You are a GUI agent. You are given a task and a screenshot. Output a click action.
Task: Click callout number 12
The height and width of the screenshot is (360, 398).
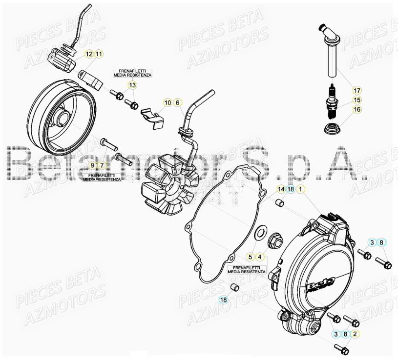click(x=89, y=54)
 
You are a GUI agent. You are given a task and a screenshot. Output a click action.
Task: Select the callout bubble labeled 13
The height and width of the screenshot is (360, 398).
click(x=133, y=85)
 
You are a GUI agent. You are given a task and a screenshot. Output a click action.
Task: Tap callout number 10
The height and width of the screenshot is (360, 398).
click(x=168, y=102)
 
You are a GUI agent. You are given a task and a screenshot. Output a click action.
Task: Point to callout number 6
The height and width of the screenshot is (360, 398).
click(x=178, y=102)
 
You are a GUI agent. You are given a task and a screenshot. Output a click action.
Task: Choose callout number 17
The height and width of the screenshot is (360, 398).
click(x=357, y=90)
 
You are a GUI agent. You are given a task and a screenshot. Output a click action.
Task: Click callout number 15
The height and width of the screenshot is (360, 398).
click(x=357, y=100)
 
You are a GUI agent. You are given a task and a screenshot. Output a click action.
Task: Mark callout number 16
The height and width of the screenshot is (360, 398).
click(x=357, y=110)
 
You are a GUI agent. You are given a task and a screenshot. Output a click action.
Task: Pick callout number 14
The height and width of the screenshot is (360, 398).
click(x=281, y=188)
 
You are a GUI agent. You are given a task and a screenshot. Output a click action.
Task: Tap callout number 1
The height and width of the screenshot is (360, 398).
click(x=301, y=188)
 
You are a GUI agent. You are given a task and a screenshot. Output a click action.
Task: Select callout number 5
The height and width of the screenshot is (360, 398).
click(x=251, y=256)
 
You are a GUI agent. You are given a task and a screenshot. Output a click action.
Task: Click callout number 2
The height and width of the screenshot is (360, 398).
click(x=356, y=334)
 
